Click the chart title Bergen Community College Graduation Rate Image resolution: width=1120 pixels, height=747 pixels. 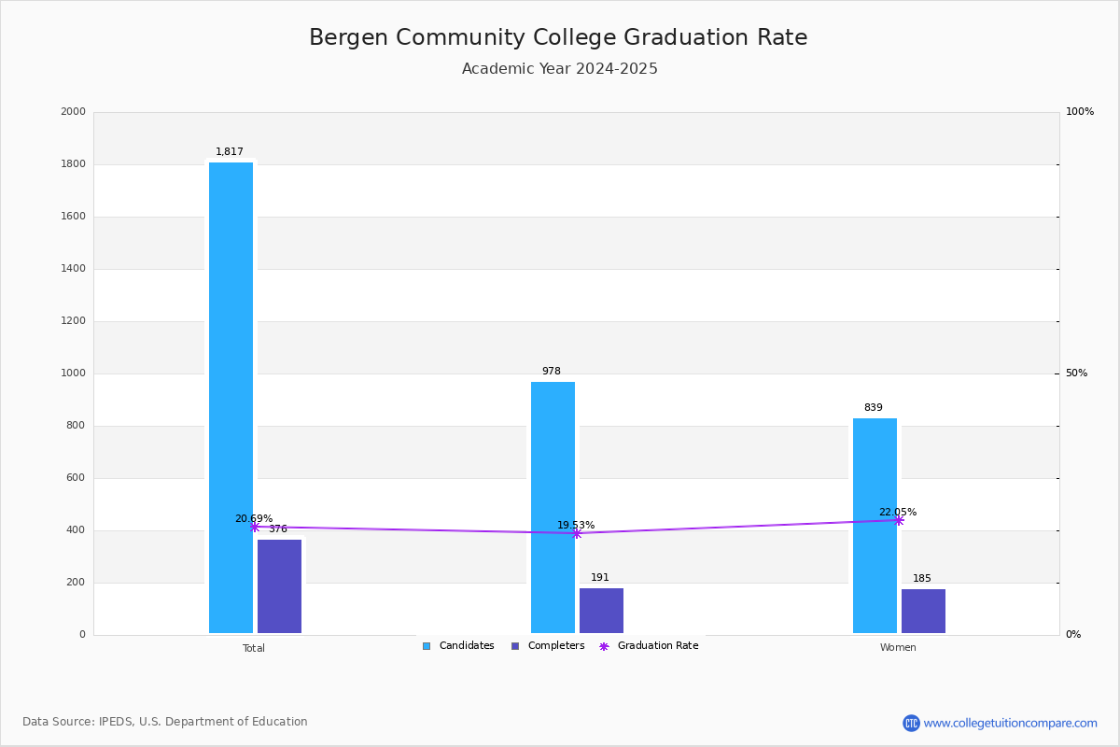click(x=558, y=38)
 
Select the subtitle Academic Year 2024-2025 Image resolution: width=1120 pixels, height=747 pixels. click(x=559, y=69)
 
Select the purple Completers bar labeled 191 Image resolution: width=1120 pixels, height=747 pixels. click(x=601, y=611)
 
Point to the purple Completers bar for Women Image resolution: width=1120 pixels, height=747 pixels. click(x=923, y=612)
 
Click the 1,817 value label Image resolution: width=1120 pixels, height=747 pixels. click(x=230, y=152)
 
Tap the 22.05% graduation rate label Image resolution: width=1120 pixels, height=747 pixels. click(x=898, y=512)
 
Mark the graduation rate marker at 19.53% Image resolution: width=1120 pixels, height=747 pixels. click(x=576, y=533)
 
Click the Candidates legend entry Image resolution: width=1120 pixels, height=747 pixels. click(x=458, y=646)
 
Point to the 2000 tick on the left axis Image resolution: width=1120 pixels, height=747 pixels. click(x=73, y=112)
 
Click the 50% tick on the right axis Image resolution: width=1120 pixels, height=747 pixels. click(x=1076, y=373)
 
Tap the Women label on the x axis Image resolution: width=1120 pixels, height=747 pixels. click(x=898, y=648)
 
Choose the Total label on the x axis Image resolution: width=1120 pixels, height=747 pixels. click(x=254, y=648)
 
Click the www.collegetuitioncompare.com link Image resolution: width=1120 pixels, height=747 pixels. click(x=1010, y=723)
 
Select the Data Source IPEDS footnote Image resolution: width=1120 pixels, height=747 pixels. click(x=165, y=722)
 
